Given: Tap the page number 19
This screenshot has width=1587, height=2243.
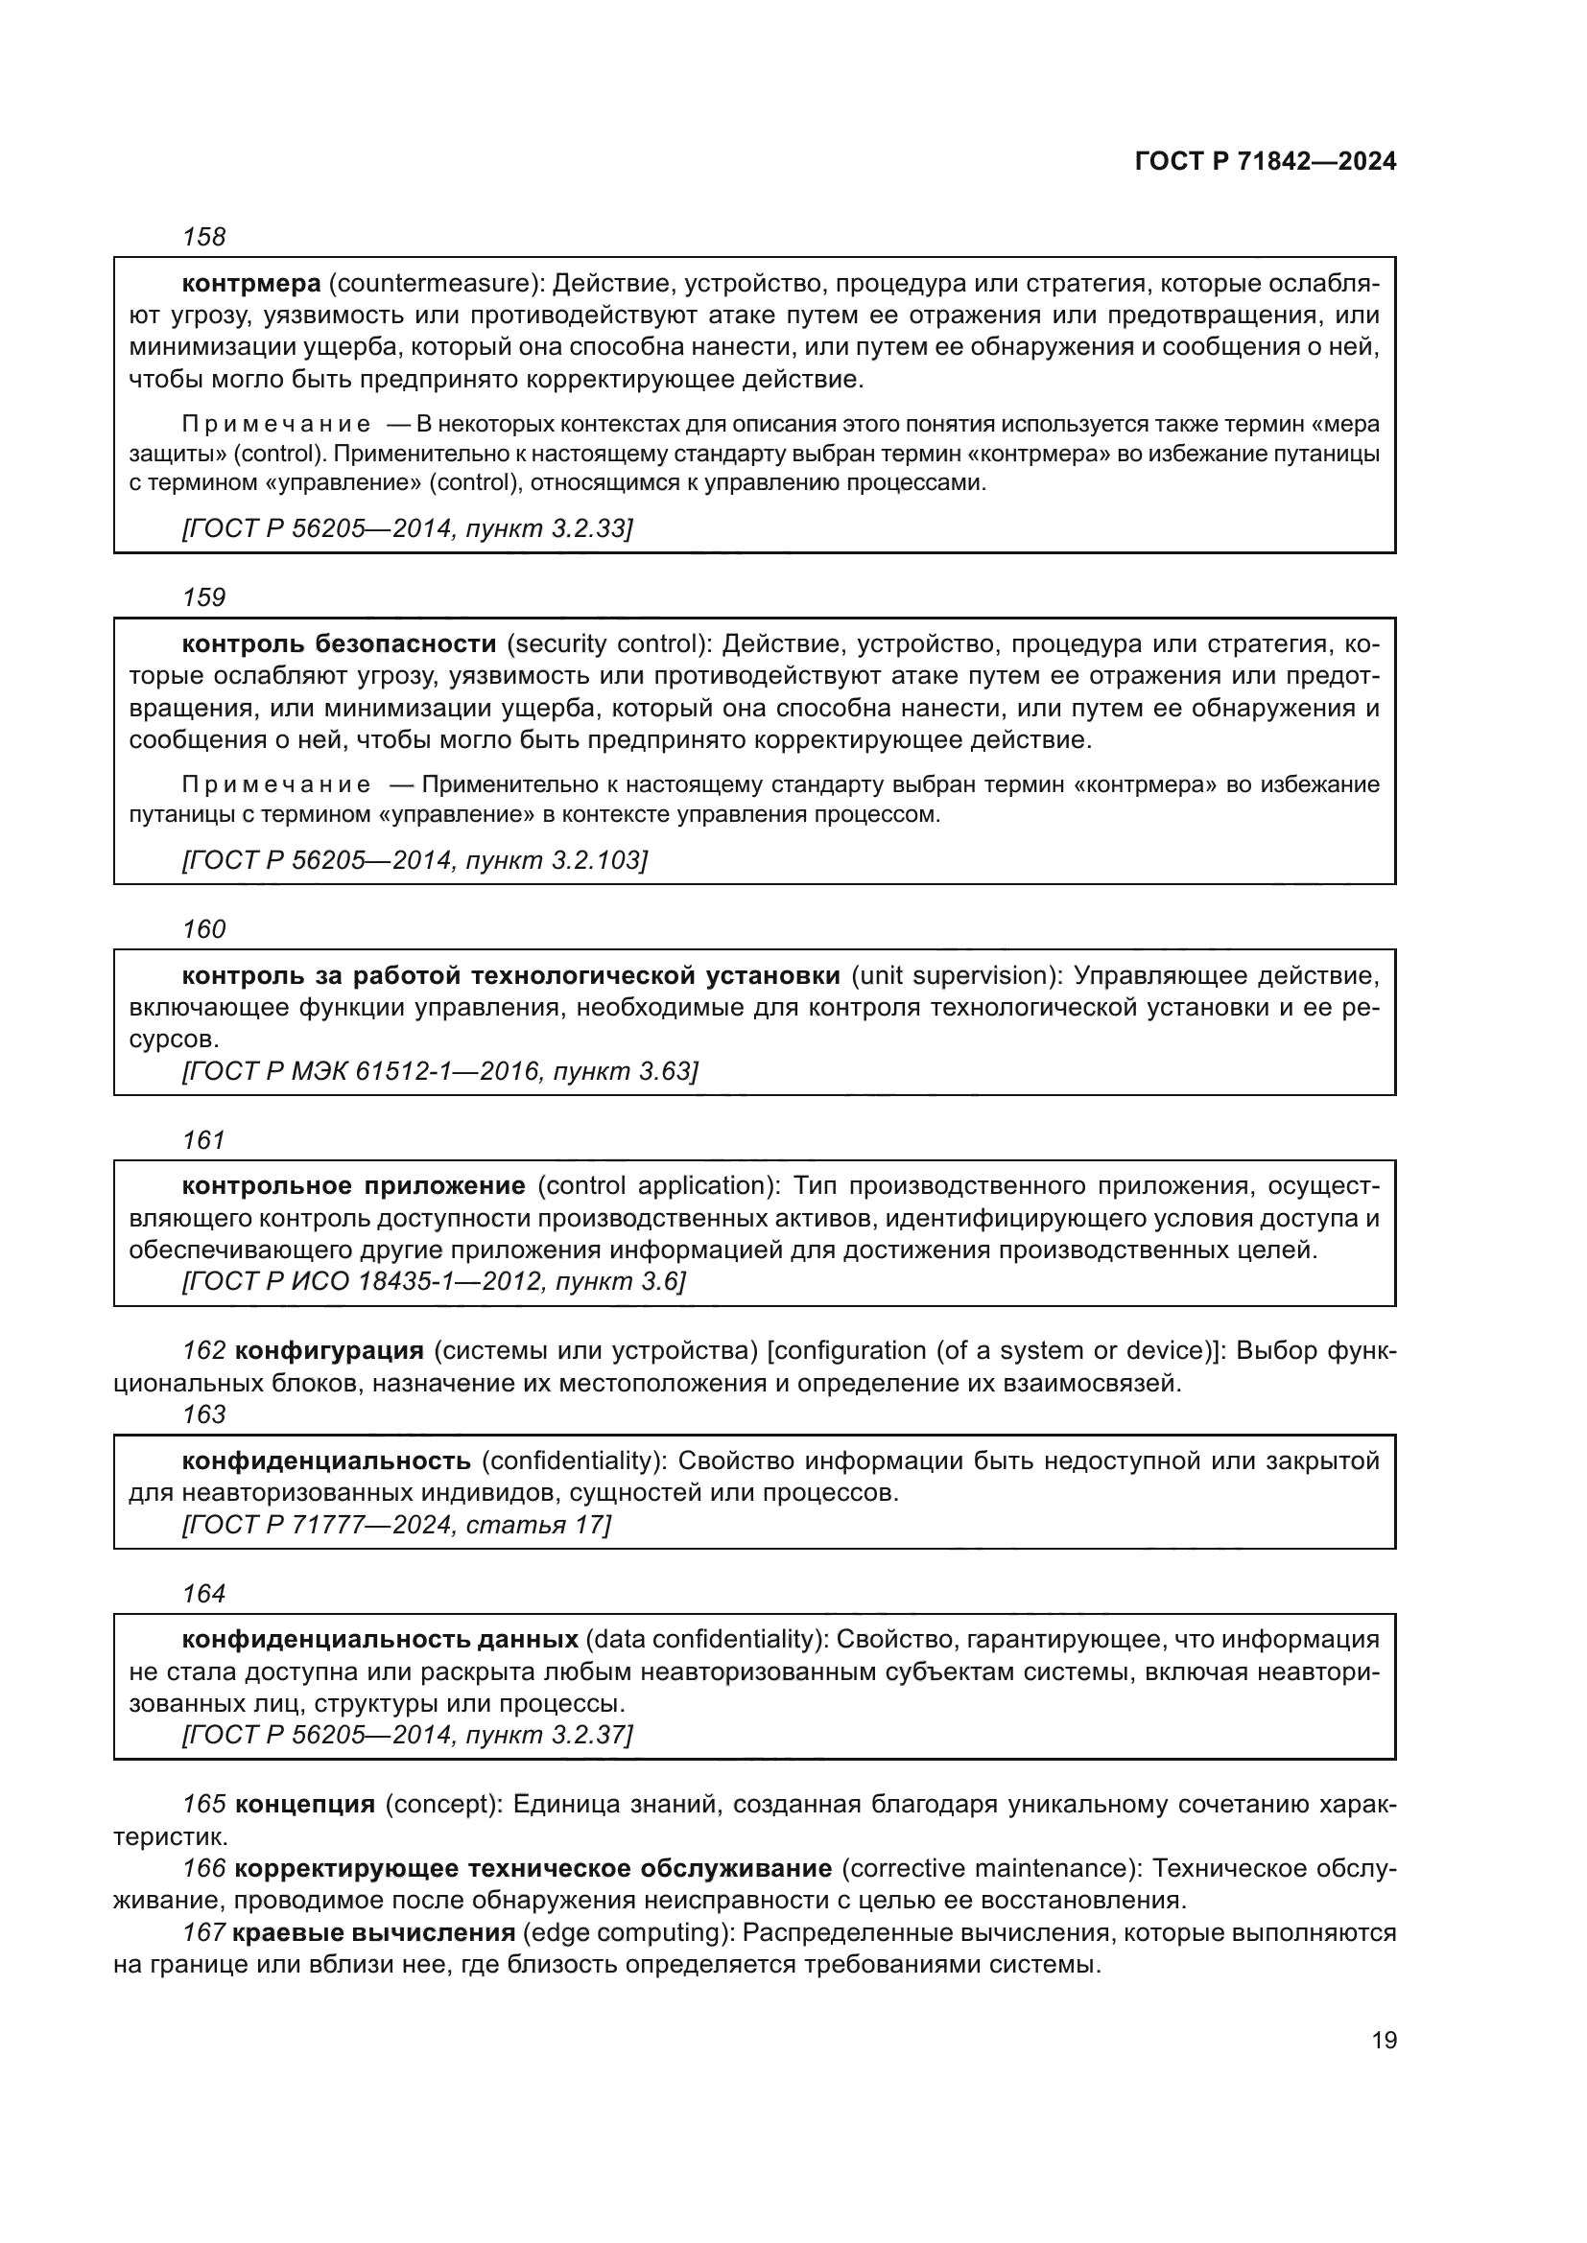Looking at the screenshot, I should tap(1384, 2040).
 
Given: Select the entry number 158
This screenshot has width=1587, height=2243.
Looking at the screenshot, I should tap(203, 238).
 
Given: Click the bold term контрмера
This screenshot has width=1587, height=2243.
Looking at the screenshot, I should tap(251, 284).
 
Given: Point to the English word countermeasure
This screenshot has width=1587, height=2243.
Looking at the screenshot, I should tap(435, 284).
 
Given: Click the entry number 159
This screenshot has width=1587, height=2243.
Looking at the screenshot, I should tap(203, 597).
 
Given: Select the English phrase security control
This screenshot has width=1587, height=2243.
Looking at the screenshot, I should tap(606, 644).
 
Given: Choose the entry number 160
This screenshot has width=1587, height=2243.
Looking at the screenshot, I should tap(203, 929).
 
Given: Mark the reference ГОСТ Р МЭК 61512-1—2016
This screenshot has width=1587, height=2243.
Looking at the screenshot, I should tap(361, 1072).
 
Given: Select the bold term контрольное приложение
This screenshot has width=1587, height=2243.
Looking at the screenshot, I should tap(354, 1186).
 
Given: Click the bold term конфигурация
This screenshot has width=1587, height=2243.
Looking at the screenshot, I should tap(329, 1351).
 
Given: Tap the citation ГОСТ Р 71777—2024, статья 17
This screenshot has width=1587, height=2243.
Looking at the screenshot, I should tap(395, 1525).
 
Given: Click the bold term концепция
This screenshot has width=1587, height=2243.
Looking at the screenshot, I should tap(305, 1805).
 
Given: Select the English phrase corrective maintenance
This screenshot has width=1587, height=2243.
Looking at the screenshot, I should tap(990, 1869).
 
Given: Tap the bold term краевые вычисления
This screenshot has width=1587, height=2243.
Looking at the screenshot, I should tap(373, 1933).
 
